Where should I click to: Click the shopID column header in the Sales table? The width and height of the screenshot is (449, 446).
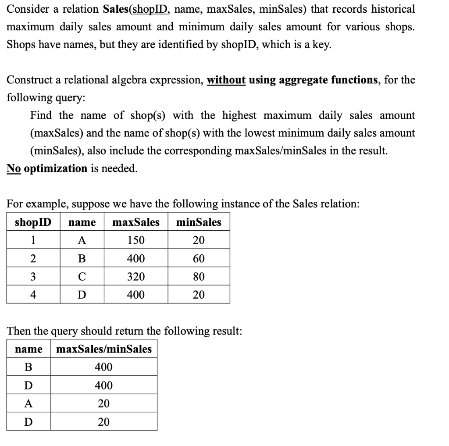coord(33,222)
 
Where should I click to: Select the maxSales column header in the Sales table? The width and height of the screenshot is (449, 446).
coord(136,222)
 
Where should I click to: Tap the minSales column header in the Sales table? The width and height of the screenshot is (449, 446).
coord(199,222)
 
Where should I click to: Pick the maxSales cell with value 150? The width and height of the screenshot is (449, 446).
coord(136,240)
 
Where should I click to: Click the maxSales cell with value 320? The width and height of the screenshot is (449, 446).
coord(136,277)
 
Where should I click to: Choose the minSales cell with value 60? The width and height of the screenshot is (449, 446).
coord(199,259)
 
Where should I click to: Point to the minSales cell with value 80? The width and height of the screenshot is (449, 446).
coord(199,277)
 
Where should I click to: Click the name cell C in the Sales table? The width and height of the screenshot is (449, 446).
coord(82,277)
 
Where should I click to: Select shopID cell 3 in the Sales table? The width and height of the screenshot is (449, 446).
coord(33,277)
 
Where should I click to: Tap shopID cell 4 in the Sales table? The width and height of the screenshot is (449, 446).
coord(33,295)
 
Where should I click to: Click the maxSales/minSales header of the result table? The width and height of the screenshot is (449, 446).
coord(104,349)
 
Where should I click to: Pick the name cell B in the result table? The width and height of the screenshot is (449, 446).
coord(29,367)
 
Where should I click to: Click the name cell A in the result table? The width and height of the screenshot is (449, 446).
coord(29,403)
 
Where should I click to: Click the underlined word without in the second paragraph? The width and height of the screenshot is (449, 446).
coord(226,80)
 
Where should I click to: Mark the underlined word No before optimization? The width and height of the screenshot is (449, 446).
coord(14,168)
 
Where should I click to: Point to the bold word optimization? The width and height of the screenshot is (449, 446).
coord(56,168)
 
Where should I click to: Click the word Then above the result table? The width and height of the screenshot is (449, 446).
coord(19,331)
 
